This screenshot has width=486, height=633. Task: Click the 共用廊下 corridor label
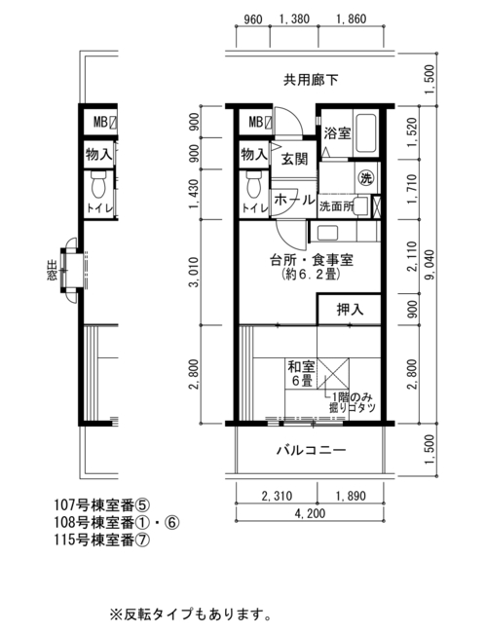click(311, 80)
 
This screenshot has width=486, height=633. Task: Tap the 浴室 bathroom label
click(337, 133)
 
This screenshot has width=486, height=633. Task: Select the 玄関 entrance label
click(294, 159)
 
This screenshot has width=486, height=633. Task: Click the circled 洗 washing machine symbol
click(366, 178)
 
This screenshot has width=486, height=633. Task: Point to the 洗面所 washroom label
click(336, 206)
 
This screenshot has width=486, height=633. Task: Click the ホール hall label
click(294, 200)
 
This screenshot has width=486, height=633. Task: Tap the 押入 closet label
click(350, 310)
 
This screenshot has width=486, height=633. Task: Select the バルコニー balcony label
click(311, 450)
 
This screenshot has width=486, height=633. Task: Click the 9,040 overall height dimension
click(430, 265)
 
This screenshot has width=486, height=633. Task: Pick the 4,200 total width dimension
click(310, 513)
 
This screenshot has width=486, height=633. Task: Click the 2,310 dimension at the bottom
click(277, 496)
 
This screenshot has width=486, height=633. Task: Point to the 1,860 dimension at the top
click(352, 19)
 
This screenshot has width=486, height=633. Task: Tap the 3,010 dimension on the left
click(195, 273)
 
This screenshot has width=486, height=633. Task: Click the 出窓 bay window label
click(53, 271)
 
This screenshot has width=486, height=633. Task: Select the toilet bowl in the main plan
click(254, 184)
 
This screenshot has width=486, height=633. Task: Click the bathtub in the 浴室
click(365, 132)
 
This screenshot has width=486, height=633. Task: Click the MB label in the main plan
click(255, 122)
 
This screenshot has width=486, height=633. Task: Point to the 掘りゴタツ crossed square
click(333, 373)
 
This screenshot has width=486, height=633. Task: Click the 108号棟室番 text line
click(117, 522)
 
